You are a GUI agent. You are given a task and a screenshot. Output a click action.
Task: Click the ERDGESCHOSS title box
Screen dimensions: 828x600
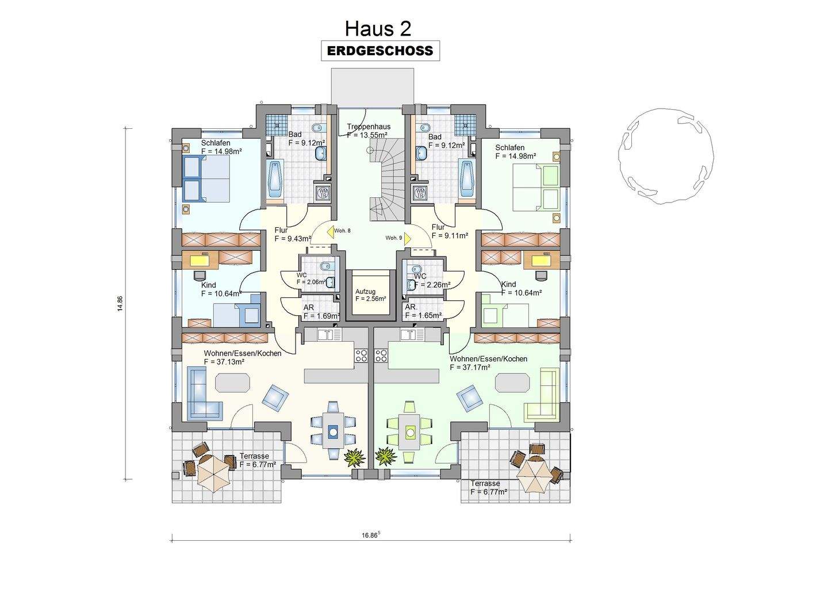pyautogui.click(x=381, y=51)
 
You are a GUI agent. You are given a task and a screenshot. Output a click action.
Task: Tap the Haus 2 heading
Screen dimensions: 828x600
pyautogui.click(x=378, y=29)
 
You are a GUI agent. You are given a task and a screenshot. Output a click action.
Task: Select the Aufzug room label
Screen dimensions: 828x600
pyautogui.click(x=365, y=292)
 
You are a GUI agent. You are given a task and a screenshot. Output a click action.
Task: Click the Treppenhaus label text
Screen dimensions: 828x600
pyautogui.click(x=369, y=127)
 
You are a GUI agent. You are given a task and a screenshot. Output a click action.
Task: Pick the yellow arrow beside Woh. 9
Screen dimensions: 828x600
pyautogui.click(x=407, y=238)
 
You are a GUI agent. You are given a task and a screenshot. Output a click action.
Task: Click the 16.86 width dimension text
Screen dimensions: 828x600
pyautogui.click(x=371, y=535)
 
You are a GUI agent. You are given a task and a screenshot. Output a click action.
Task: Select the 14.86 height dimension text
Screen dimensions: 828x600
pyautogui.click(x=120, y=304)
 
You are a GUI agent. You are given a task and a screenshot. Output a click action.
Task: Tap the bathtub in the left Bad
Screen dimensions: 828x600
pyautogui.click(x=275, y=179)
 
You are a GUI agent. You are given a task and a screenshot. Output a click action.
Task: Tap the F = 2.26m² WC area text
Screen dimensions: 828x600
pyautogui.click(x=432, y=285)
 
